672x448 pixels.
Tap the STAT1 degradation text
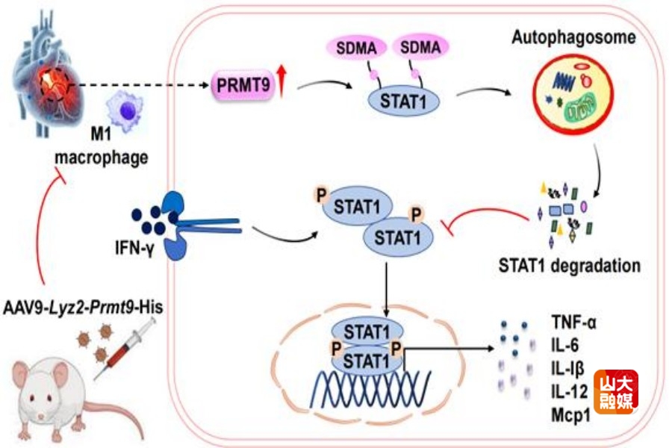pyautogui.click(x=570, y=264)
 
